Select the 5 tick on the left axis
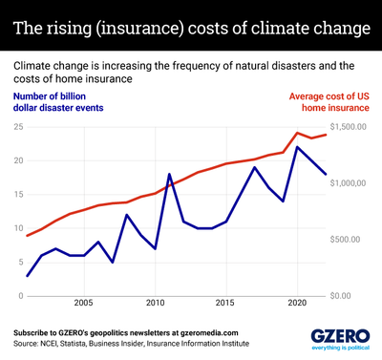point(20,262)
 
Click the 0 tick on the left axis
point(20,295)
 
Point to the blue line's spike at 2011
point(170,175)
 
